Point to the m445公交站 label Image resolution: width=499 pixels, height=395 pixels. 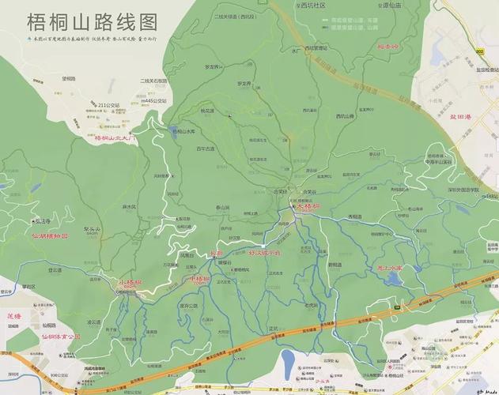click(153, 101)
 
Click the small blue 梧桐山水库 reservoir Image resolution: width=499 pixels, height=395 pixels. click(173, 131)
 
